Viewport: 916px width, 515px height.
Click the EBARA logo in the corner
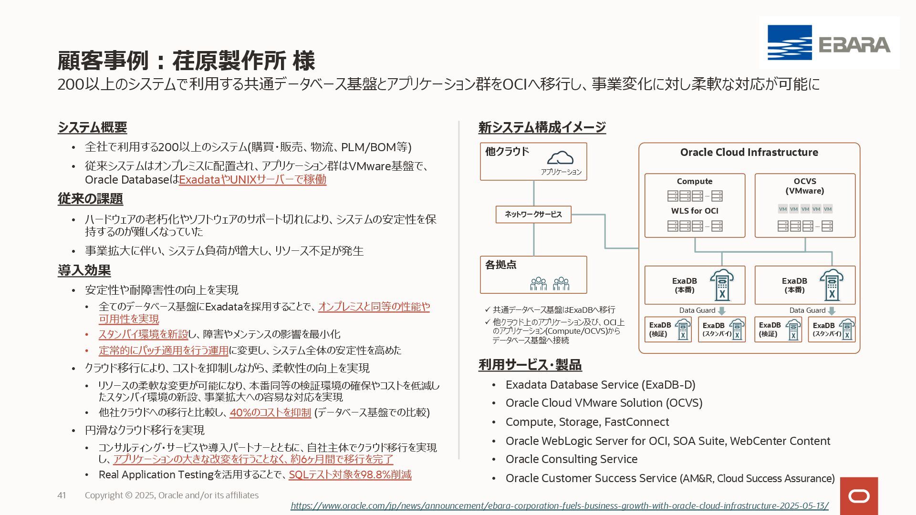(829, 43)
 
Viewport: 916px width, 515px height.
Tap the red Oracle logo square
(859, 496)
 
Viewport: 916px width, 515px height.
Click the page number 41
(62, 495)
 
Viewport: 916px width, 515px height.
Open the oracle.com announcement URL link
(559, 506)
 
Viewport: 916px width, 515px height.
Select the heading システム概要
(93, 127)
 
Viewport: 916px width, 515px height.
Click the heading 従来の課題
(90, 199)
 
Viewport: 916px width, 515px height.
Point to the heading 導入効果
(84, 270)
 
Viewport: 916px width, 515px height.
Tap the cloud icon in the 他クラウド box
(560, 158)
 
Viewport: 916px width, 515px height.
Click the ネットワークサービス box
(533, 215)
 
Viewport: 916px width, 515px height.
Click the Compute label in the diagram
(694, 181)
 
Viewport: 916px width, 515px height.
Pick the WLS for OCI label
(694, 211)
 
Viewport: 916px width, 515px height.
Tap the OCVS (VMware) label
(805, 186)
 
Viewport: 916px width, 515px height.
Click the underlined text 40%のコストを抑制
(270, 412)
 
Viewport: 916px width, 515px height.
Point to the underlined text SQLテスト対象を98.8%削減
(350, 475)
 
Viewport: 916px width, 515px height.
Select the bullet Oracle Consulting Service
(571, 459)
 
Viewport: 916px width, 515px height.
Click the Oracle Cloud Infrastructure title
(749, 153)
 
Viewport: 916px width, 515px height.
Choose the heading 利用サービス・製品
(530, 365)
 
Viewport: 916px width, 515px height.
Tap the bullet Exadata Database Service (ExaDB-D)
(600, 385)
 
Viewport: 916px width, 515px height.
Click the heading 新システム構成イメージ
(542, 127)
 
